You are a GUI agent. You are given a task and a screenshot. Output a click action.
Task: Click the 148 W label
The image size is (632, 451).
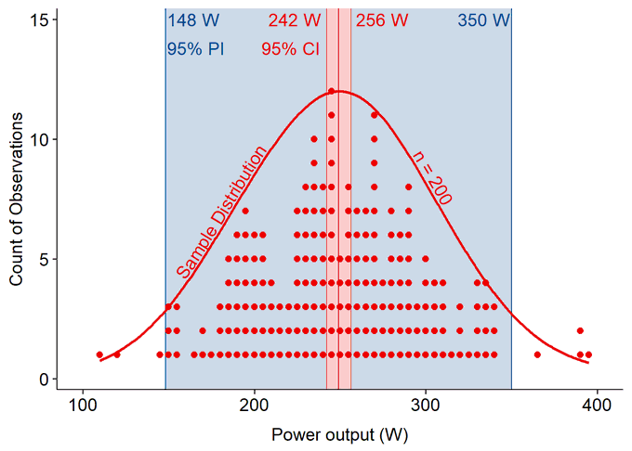coord(193,20)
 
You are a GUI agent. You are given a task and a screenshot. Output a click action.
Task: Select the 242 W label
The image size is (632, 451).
coord(295,20)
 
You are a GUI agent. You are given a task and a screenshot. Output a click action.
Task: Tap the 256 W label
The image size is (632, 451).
coord(382,20)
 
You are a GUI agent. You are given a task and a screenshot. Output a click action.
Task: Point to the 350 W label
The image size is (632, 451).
coord(483,20)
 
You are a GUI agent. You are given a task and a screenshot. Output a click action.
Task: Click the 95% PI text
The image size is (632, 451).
coord(195,49)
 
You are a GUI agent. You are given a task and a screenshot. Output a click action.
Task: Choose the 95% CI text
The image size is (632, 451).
coord(290,49)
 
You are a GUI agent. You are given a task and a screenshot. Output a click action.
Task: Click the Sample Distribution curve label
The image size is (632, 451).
coord(222,213)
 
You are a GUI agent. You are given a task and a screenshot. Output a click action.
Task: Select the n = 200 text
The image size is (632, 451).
coord(431,177)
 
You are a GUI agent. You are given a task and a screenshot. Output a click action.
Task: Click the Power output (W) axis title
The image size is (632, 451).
coord(339,434)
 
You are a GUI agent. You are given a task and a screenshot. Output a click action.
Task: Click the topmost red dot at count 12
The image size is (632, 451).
coord(331,91)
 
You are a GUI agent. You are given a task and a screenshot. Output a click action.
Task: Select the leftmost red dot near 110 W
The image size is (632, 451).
coord(99,354)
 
